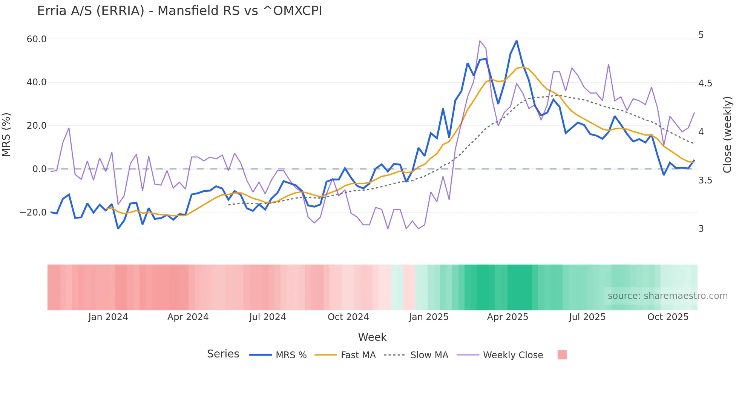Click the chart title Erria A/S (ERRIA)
pos(179,11)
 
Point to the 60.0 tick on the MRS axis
pos(37,39)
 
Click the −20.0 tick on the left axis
pos(33,213)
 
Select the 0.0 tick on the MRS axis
pos(40,169)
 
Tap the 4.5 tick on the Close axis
pos(705,83)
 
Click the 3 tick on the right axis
pos(701,229)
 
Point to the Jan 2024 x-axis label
pos(108,317)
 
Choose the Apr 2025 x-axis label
pos(507,317)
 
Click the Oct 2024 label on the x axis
pos(348,317)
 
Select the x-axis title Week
pos(372,337)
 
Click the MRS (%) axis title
pos(6,135)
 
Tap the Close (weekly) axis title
pos(727,135)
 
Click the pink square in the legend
pos(562,355)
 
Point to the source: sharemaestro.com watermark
pos(667,296)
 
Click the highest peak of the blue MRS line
pos(516,41)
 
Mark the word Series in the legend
pos(223,354)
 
